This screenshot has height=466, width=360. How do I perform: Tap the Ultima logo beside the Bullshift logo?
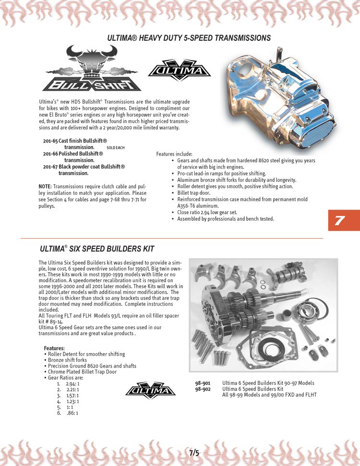click(180, 70)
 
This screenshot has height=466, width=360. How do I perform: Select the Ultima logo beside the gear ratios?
click(150, 390)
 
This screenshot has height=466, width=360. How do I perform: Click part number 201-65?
click(50, 141)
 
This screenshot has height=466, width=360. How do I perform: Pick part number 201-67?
click(50, 167)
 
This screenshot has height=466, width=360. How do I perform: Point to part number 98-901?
click(203, 383)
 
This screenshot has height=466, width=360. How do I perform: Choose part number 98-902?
click(203, 389)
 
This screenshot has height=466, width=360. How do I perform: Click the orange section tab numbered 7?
click(344, 220)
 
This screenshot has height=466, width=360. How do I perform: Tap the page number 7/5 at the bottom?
click(194, 453)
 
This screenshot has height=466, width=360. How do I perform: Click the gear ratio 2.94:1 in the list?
click(72, 383)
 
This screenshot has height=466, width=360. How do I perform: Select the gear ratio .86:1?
click(72, 413)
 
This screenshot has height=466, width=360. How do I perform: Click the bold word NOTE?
click(45, 187)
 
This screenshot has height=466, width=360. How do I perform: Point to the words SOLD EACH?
click(116, 148)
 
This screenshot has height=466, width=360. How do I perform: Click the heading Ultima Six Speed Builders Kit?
click(97, 249)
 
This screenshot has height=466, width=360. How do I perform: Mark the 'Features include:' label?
click(174, 154)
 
